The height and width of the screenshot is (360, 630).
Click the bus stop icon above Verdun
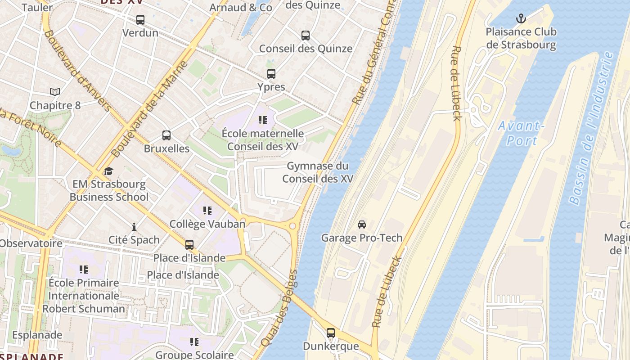[x=140, y=20]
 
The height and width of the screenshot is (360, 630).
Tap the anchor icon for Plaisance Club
[x=521, y=18]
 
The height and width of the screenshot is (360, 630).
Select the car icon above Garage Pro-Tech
[x=361, y=224]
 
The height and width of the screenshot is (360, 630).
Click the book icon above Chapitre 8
[x=55, y=92]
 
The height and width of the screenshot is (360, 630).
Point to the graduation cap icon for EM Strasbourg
[x=108, y=171]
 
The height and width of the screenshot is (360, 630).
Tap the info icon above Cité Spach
[x=134, y=227]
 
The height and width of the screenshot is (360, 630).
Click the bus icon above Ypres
[x=271, y=74]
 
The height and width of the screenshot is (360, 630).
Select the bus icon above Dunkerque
[x=331, y=333]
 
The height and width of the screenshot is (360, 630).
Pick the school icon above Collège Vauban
[x=207, y=211]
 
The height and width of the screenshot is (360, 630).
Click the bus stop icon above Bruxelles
[x=166, y=135]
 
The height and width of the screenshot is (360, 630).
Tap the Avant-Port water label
[x=522, y=133]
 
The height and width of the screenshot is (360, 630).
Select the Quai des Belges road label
[x=279, y=308]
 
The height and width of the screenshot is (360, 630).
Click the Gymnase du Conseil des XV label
[x=317, y=172]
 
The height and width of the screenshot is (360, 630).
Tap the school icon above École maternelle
[x=263, y=120]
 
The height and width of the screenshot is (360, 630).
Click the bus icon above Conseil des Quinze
[x=306, y=36]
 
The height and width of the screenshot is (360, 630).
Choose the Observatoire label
[x=31, y=243]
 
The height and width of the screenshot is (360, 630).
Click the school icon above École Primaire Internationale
[x=84, y=270]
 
